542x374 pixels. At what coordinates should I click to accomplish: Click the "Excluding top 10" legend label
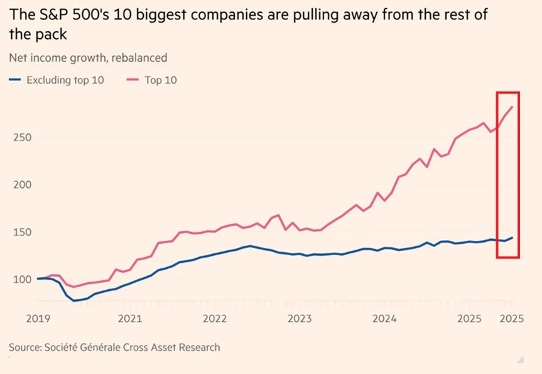point(65,80)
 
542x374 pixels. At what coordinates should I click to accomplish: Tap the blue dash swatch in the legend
point(16,80)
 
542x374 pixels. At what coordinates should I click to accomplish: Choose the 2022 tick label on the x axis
point(215,318)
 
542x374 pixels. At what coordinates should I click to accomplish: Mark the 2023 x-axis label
point(300,318)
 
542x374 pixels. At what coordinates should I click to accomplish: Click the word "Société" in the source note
point(64,347)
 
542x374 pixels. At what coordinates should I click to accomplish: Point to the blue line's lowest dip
point(74,300)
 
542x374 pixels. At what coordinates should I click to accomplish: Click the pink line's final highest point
point(512,107)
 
